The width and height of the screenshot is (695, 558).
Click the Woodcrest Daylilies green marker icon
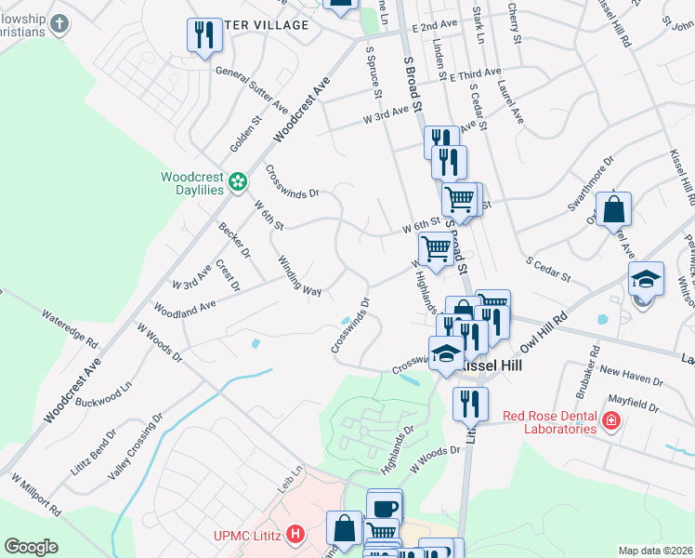[x=238, y=180]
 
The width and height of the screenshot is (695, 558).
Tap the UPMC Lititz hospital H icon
[x=295, y=535]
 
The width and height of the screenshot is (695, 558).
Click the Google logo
[x=31, y=547]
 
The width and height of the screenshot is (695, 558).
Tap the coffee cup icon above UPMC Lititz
[x=384, y=507]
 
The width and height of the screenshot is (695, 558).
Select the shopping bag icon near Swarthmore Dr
[x=615, y=209]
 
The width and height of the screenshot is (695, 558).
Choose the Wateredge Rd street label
[x=69, y=329]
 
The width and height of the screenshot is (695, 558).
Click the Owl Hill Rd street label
[x=544, y=332]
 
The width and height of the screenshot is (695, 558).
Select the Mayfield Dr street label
[x=633, y=406]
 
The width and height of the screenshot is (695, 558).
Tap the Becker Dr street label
[x=234, y=240]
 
